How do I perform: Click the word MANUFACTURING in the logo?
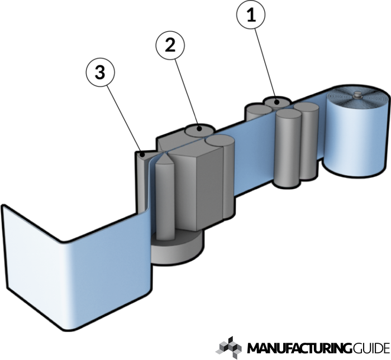tap(299, 348)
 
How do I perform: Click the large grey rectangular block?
tap(198, 184)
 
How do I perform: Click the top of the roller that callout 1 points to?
tap(275, 102)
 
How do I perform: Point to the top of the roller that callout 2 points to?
tap(197, 129)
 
